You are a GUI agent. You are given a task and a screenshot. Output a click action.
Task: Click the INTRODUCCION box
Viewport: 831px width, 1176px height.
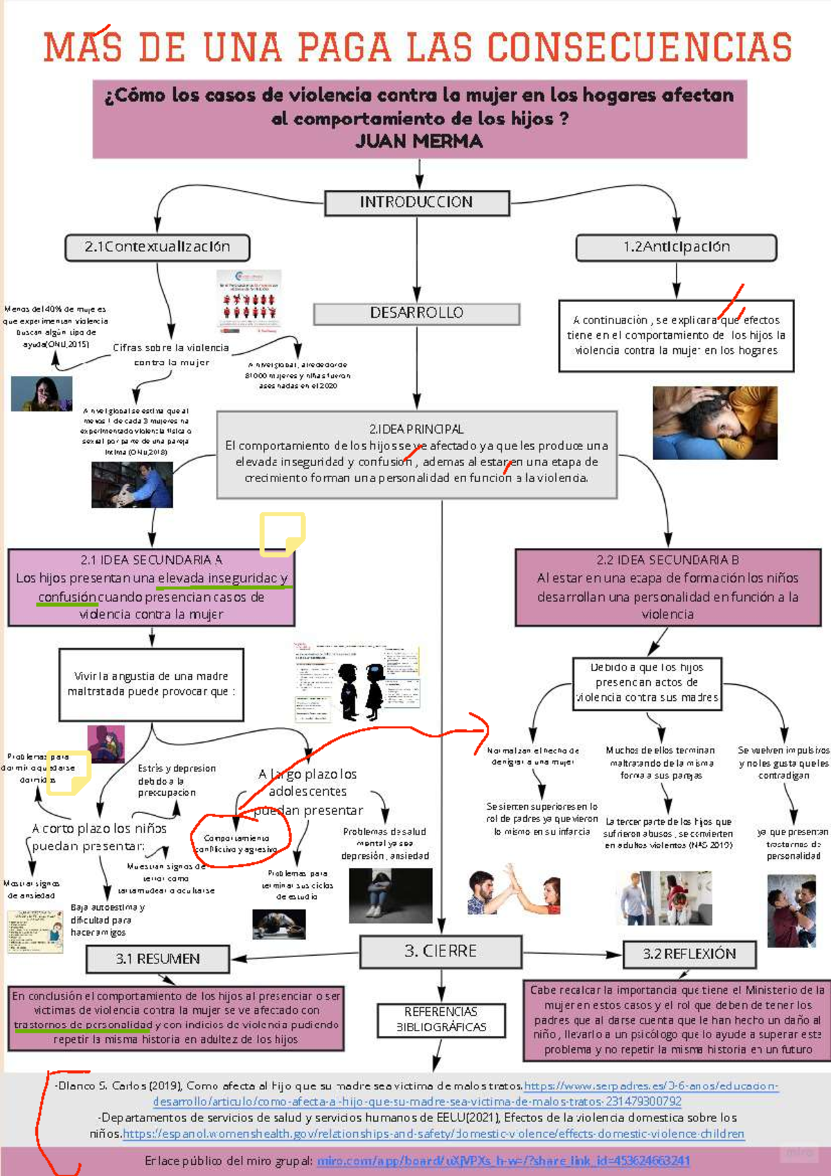pos(417,202)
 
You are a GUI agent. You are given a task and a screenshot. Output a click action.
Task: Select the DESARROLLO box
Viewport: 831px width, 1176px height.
pos(416,313)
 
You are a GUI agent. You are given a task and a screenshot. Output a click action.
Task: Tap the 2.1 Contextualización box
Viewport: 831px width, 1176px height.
pos(157,247)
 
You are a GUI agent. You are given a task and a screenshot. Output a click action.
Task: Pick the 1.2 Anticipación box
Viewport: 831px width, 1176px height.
pos(676,247)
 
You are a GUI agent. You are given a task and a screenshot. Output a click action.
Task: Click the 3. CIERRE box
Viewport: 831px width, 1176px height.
pos(440,951)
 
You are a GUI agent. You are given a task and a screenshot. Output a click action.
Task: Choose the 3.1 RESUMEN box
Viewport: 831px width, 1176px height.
pos(158,959)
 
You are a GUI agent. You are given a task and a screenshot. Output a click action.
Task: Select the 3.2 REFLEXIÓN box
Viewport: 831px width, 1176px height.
pos(689,954)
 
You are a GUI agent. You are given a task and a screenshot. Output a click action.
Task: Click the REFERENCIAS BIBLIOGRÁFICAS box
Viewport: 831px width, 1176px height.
pos(441,1019)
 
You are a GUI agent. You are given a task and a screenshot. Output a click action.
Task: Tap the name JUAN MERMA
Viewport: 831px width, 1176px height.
pos(419,142)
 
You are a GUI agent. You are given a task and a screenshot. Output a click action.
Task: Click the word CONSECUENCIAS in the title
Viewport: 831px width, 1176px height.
pos(640,48)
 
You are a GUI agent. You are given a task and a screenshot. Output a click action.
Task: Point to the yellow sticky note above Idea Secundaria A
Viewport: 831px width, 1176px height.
pos(282,534)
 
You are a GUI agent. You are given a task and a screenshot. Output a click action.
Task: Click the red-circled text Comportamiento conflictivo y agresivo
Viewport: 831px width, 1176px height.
pos(236,844)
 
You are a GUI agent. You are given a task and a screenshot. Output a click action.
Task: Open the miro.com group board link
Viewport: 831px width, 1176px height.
pos(503,1161)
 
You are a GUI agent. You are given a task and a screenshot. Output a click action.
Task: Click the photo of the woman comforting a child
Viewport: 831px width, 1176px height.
pos(715,423)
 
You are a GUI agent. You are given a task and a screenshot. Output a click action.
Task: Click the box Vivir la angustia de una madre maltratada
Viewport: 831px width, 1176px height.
pos(151,684)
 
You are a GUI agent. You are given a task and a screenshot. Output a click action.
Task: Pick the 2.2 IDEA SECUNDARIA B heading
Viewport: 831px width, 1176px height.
pos(668,560)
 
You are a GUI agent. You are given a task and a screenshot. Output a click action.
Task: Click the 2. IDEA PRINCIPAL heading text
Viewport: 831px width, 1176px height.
pos(416,429)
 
